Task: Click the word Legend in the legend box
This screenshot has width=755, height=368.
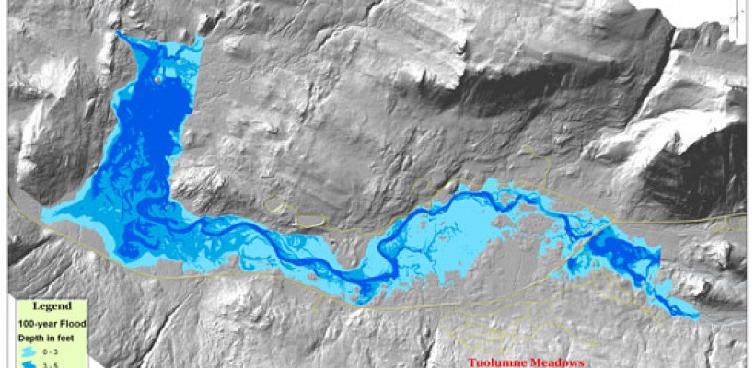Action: point(45,305)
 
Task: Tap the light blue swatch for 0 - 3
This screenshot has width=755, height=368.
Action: point(30,351)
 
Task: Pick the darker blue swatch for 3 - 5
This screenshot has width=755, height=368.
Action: point(30,364)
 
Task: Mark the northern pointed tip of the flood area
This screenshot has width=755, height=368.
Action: point(118,34)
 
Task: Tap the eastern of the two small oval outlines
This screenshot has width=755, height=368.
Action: point(310,219)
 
